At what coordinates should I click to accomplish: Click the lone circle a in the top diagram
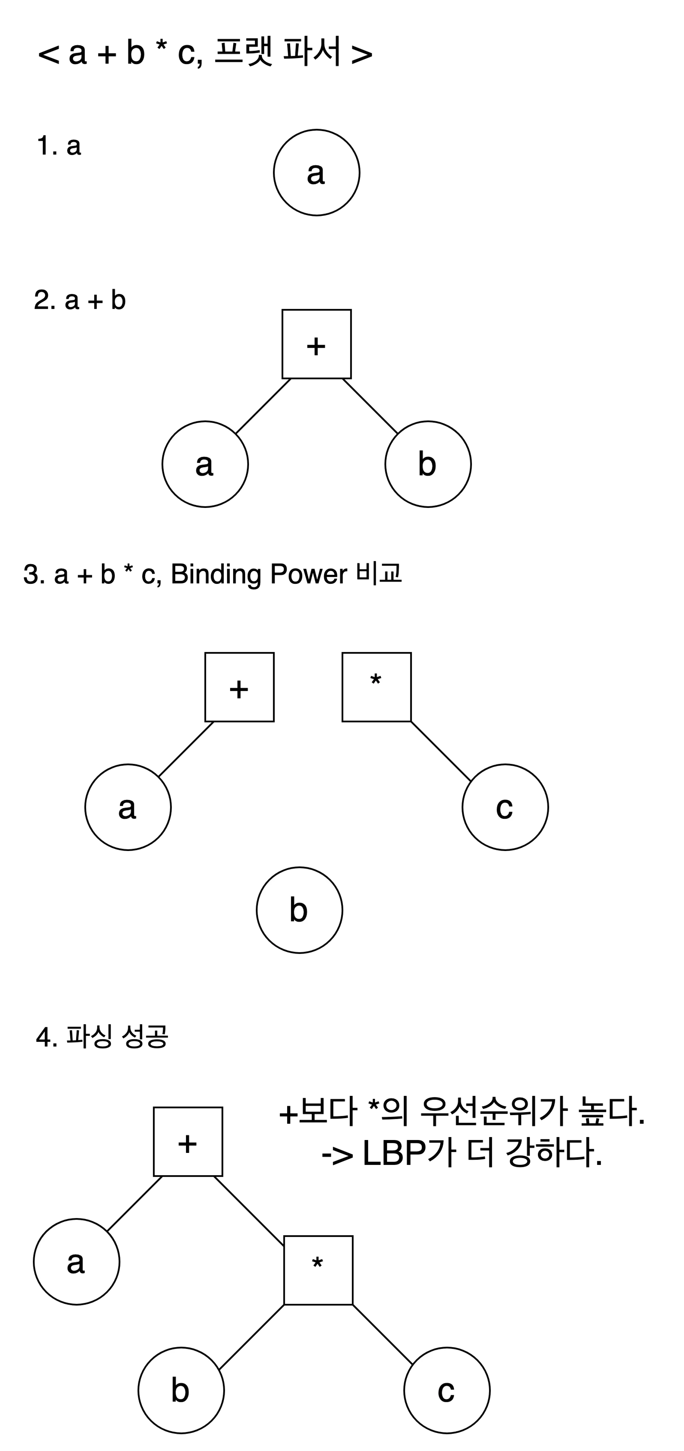click(317, 172)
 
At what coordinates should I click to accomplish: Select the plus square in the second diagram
click(317, 344)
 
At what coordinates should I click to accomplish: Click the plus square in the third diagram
click(239, 687)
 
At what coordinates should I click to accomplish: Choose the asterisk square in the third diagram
click(377, 687)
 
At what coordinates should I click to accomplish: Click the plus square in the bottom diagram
click(188, 1142)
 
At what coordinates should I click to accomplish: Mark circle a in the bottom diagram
click(77, 1261)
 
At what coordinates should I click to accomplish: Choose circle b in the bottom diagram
click(181, 1390)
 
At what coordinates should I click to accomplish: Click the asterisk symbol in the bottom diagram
click(318, 1263)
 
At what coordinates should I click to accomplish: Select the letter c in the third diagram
click(504, 808)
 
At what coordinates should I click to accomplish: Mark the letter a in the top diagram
click(316, 173)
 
